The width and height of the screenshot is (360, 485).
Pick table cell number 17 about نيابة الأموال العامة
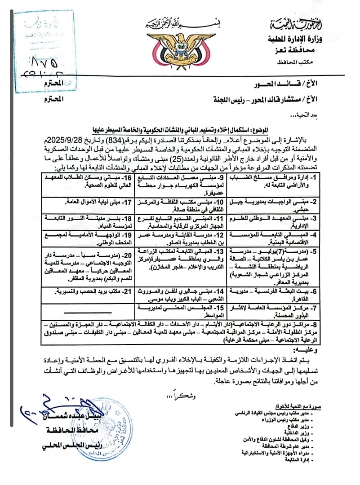[x=83, y=203]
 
